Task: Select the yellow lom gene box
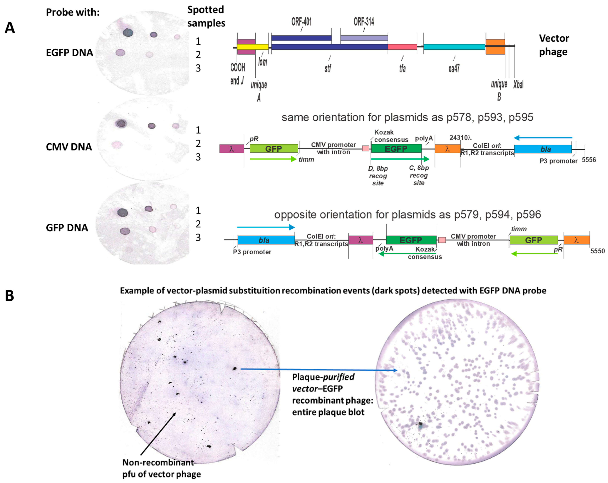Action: point(253,47)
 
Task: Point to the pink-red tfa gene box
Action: point(402,47)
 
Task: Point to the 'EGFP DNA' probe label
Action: point(69,53)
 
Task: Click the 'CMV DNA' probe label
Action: point(69,147)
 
